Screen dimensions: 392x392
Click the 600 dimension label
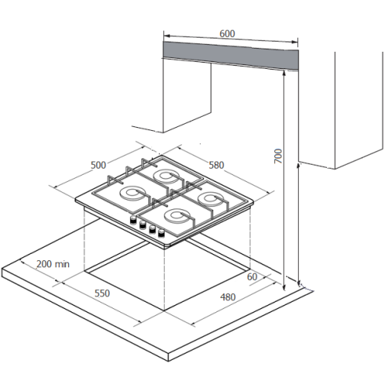[227, 34]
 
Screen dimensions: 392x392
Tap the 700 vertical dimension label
[278, 156]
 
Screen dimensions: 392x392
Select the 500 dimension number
[98, 165]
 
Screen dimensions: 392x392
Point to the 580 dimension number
[216, 165]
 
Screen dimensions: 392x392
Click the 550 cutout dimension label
[102, 293]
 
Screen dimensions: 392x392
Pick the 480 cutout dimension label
[228, 297]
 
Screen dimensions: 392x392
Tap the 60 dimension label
[252, 277]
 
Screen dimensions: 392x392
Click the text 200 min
[53, 264]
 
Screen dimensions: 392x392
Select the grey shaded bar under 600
[230, 56]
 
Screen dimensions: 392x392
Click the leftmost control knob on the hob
[133, 220]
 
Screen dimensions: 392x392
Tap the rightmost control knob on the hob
[162, 234]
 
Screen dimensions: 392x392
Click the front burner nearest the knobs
[177, 217]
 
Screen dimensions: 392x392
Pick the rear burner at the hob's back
[166, 177]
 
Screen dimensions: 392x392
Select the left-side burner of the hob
[132, 194]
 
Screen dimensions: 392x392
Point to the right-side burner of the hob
[211, 199]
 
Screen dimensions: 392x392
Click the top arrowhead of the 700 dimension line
[285, 72]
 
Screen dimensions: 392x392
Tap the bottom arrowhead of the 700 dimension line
[285, 288]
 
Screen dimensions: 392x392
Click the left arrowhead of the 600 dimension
[166, 35]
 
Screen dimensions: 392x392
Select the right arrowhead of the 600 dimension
[296, 42]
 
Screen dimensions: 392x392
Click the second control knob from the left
[143, 224]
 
